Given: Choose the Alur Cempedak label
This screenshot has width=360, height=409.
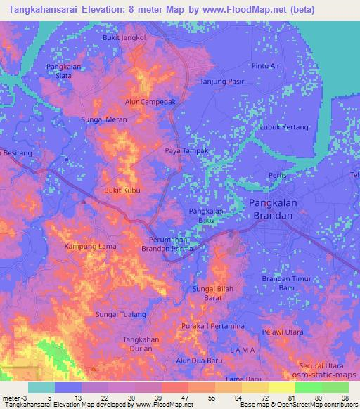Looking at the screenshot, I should click(150, 101).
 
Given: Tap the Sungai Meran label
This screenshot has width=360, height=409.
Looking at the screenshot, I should click(104, 120).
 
